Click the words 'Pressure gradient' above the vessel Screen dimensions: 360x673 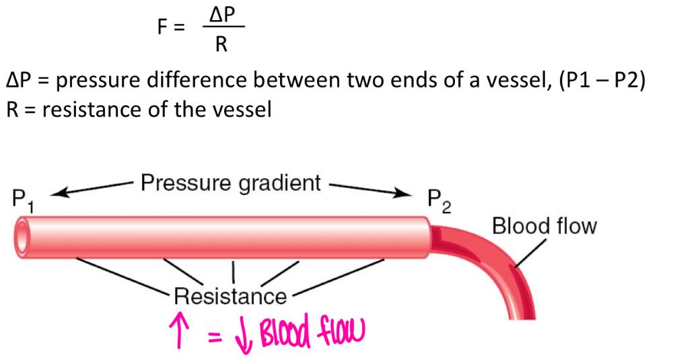pos(230,184)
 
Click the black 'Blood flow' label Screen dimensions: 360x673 pos(544,226)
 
